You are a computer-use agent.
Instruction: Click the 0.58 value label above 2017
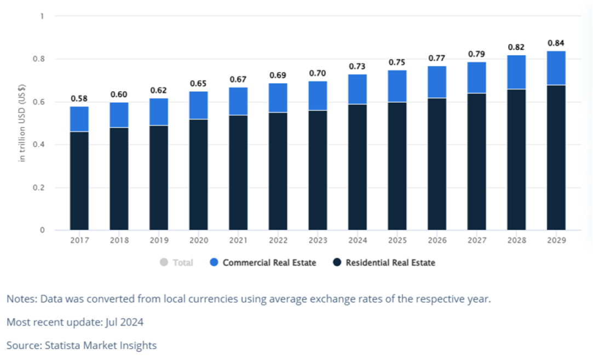[79, 99]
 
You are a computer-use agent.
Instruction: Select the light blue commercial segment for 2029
[556, 68]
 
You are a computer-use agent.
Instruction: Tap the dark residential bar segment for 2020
[198, 174]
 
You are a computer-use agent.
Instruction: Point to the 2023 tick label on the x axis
[318, 240]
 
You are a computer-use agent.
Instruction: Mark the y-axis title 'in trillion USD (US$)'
[21, 123]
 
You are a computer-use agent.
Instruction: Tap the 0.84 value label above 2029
[556, 43]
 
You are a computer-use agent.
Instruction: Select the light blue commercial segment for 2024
[357, 89]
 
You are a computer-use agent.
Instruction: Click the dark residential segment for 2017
[79, 181]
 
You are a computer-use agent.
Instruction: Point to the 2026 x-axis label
[437, 240]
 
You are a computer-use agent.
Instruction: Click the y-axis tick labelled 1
[42, 16]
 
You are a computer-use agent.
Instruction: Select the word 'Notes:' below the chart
[20, 299]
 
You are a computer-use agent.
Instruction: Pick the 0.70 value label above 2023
[318, 73]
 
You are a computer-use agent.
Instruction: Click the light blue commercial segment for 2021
[238, 101]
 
